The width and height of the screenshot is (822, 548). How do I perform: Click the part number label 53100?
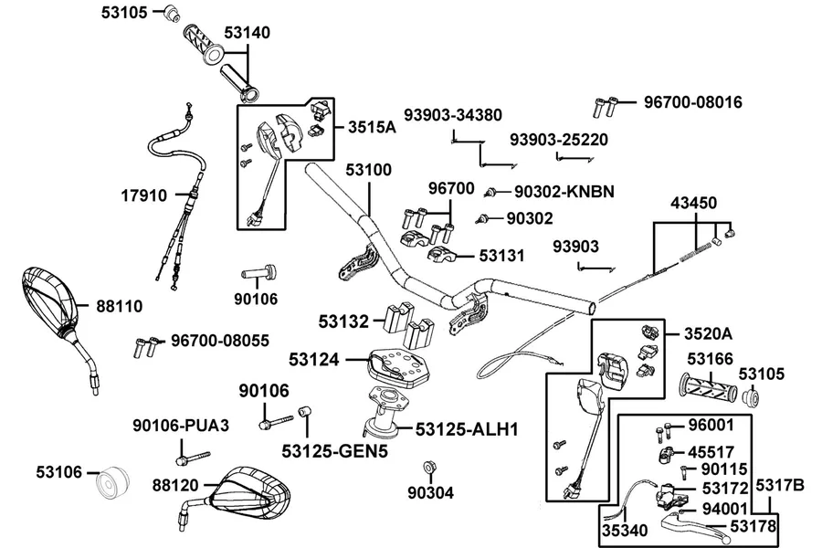coord(369,170)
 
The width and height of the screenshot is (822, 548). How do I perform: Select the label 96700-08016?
coord(693,101)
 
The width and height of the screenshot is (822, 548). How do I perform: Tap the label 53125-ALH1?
coord(467,429)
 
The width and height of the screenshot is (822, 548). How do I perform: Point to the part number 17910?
coord(144,195)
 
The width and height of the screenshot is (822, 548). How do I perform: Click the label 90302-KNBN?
coord(564,192)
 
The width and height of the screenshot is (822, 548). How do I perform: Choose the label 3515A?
coord(373,127)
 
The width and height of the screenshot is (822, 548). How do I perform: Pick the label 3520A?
coord(708,333)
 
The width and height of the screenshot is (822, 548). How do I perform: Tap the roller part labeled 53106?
coord(112,481)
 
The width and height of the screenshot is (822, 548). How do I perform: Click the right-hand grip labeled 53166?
coord(708,388)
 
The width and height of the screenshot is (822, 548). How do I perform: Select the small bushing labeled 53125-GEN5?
coord(303,411)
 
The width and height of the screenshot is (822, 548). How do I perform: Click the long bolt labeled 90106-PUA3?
coord(193,458)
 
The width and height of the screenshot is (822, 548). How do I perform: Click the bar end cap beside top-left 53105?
coord(172,13)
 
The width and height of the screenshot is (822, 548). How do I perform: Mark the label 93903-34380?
coord(453,115)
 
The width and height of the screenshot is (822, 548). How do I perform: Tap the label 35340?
coord(625,531)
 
